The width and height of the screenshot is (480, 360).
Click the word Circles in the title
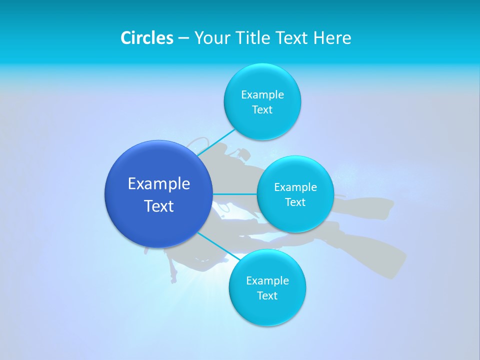(147, 38)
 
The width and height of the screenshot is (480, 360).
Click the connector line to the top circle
(216, 142)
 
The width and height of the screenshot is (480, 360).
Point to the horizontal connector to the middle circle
(235, 194)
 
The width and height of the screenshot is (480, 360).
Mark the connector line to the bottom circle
(219, 246)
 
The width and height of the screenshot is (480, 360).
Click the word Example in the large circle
(159, 183)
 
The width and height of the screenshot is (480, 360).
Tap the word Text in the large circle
(159, 206)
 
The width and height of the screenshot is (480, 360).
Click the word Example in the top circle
(262, 94)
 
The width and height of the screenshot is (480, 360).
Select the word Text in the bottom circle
(267, 295)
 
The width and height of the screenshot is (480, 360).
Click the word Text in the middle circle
(295, 202)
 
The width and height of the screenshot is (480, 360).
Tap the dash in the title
(183, 38)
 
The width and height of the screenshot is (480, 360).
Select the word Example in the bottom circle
(267, 280)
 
